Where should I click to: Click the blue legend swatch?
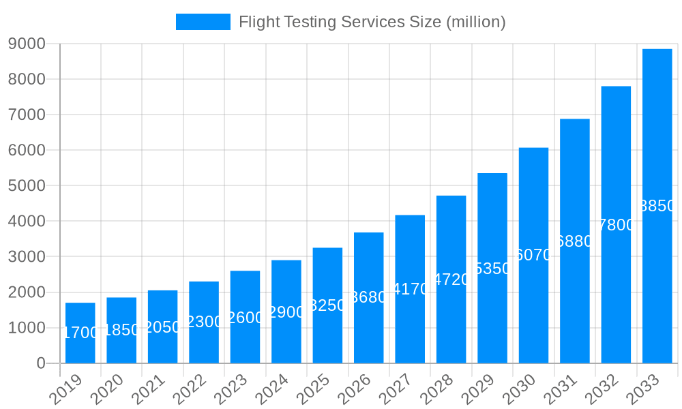pyautogui.click(x=203, y=22)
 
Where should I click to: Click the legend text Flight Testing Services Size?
pyautogui.click(x=372, y=22)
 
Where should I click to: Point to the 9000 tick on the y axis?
pyautogui.click(x=27, y=44)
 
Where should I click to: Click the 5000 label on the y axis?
pyautogui.click(x=27, y=185)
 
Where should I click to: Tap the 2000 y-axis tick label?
pyautogui.click(x=27, y=292)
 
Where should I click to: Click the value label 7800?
pyautogui.click(x=616, y=225)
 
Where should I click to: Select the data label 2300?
pyautogui.click(x=204, y=322)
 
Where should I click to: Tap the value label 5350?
pyautogui.click(x=492, y=269)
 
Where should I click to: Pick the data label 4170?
pyautogui.click(x=410, y=289)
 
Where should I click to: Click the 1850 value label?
pyautogui.click(x=121, y=330)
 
